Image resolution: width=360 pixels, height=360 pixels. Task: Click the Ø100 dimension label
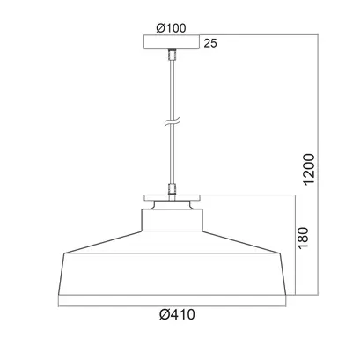[171, 28]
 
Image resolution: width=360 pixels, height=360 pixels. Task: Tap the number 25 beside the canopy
[210, 43]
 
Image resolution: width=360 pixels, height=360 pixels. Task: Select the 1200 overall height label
[309, 169]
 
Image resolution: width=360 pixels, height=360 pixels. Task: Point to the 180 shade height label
[303, 238]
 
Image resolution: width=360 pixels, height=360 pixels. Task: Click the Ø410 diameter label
[177, 314]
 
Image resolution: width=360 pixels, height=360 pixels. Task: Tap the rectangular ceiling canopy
[172, 42]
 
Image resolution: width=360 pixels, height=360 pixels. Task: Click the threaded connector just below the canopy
[172, 55]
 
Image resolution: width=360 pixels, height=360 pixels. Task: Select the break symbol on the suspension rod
[172, 122]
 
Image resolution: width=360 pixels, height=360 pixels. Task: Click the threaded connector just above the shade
[172, 189]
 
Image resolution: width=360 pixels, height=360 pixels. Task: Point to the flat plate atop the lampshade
[172, 198]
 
